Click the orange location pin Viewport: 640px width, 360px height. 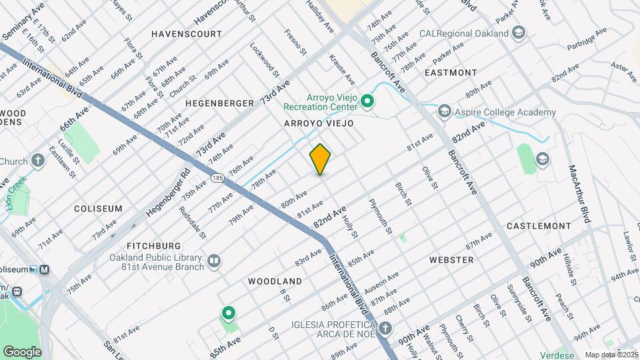coord(321,159)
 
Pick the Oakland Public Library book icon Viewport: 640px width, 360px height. coord(214,261)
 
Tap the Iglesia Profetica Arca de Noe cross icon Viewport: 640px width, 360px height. coord(385,328)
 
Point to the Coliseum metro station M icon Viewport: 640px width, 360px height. coord(45,269)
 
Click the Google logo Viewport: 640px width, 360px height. coord(22,351)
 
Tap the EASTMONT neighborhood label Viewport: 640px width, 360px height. coord(451,73)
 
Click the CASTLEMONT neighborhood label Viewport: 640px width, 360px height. coord(538,227)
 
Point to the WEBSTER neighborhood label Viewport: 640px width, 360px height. coord(451,259)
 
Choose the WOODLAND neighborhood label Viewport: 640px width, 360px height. coord(275,281)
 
